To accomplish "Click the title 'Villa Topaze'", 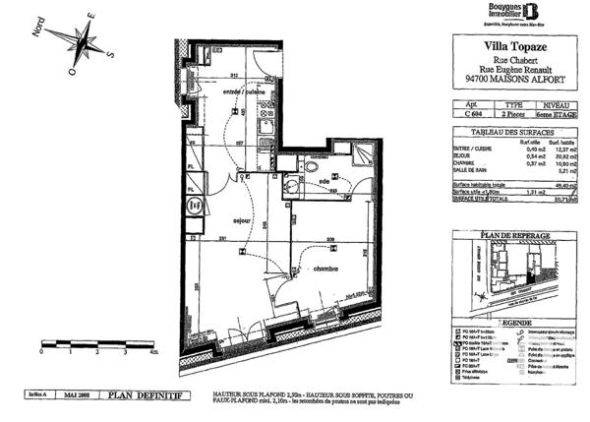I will point(513,45).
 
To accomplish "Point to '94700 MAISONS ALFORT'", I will point(513,82).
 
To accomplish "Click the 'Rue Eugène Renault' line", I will point(513,70).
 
